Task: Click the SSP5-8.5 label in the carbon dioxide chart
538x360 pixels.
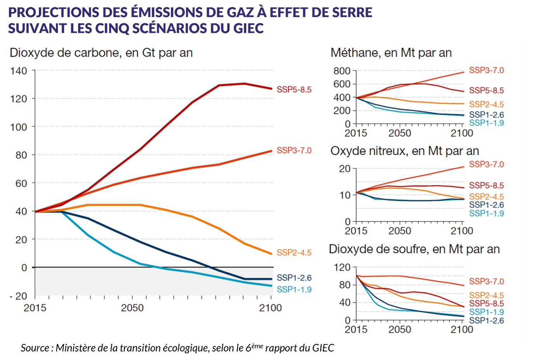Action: click(294, 90)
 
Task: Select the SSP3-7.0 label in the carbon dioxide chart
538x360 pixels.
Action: click(294, 150)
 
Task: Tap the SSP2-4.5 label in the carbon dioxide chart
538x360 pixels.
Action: click(294, 253)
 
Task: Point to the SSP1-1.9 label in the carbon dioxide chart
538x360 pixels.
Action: click(294, 290)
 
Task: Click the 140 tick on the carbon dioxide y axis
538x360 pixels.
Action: click(19, 71)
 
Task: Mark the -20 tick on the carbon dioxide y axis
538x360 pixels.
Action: click(18, 296)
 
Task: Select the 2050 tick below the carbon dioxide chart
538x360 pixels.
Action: click(132, 308)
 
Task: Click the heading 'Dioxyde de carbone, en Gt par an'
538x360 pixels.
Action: click(101, 53)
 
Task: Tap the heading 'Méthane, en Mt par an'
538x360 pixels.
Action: click(391, 53)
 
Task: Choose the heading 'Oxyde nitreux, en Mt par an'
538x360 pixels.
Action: click(404, 151)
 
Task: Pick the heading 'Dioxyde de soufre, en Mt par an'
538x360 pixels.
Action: click(414, 249)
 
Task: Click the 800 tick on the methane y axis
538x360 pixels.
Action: click(342, 71)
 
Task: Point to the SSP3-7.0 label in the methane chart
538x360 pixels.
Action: click(486, 70)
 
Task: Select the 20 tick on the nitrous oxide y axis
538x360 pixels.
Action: click(345, 169)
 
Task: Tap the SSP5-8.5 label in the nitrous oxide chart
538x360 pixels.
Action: click(486, 186)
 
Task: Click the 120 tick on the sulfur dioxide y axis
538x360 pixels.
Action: click(342, 267)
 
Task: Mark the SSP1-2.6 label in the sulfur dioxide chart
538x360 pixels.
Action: click(486, 321)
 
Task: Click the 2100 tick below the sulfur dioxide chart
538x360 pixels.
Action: click(462, 330)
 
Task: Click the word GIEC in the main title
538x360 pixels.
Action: click(248, 28)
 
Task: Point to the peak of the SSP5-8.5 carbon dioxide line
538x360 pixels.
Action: click(245, 83)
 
